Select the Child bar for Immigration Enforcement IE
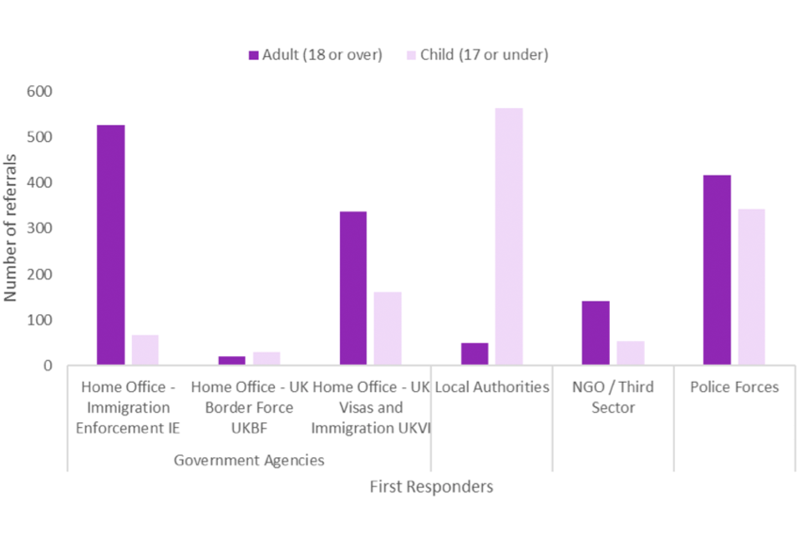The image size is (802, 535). [145, 350]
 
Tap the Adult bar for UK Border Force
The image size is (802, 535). [231, 360]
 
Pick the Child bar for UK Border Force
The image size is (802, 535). [266, 359]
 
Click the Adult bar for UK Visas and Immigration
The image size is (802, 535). [353, 288]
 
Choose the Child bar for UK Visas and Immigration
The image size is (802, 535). [388, 329]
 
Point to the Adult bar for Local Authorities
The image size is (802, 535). [474, 354]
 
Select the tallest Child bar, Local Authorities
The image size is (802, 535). [509, 237]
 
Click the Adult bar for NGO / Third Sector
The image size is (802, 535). [596, 333]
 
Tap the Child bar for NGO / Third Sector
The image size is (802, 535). [631, 353]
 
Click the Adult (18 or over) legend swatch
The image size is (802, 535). [253, 55]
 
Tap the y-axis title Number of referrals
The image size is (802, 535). [12, 227]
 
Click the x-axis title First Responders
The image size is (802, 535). [431, 487]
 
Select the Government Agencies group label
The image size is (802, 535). [249, 460]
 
